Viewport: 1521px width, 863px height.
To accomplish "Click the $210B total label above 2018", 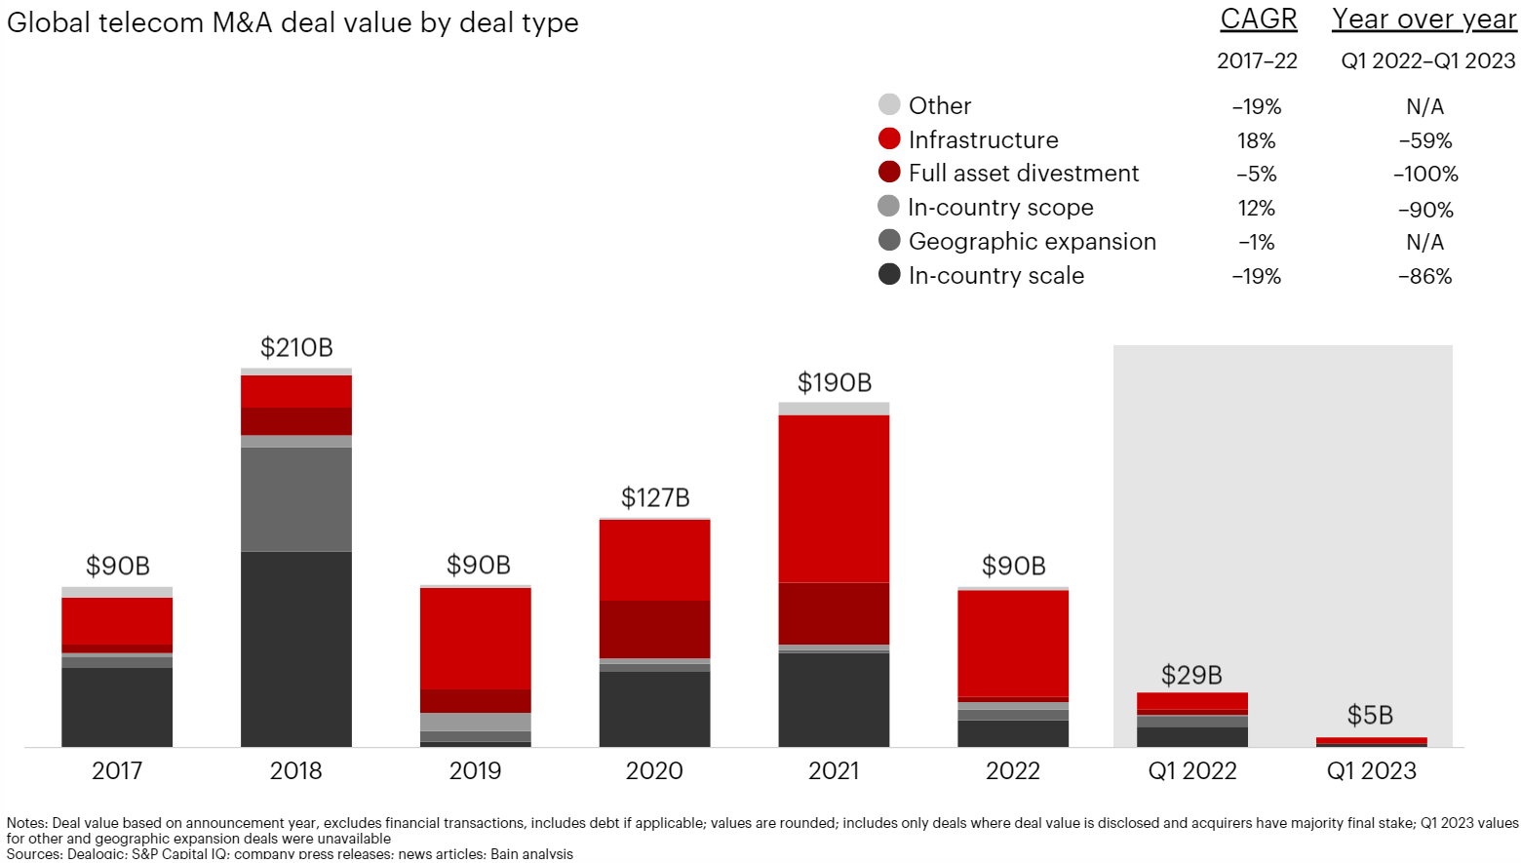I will pyautogui.click(x=296, y=347).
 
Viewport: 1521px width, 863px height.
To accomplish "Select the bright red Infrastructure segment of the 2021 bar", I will pyautogui.click(x=834, y=498).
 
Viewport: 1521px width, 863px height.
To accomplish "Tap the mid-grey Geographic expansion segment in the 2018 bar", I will pyautogui.click(x=296, y=499).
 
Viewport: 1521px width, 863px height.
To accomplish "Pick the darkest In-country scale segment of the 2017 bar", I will pyautogui.click(x=117, y=707).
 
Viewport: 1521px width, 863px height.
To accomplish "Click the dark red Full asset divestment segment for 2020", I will pyautogui.click(x=654, y=629).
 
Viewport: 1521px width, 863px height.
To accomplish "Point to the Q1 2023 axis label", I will pyautogui.click(x=1371, y=770).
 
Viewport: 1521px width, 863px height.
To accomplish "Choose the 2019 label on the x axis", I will pyautogui.click(x=475, y=770).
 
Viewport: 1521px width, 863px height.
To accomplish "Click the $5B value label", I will pyautogui.click(x=1370, y=715).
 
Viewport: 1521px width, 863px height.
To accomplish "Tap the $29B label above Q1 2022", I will pyautogui.click(x=1191, y=675).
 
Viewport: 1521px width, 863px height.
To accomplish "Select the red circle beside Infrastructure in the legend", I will pyautogui.click(x=889, y=138).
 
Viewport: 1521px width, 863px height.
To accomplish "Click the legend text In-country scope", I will pyautogui.click(x=1000, y=207).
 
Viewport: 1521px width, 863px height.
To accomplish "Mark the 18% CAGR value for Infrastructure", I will pyautogui.click(x=1256, y=140).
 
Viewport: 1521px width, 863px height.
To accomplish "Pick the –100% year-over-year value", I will pyautogui.click(x=1424, y=175).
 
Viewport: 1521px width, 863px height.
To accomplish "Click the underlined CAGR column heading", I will pyautogui.click(x=1258, y=20).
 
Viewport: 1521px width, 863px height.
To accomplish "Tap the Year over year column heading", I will pyautogui.click(x=1423, y=20).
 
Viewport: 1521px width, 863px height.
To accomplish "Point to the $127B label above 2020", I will pyautogui.click(x=655, y=497).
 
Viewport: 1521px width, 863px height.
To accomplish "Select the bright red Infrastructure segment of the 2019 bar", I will pyautogui.click(x=476, y=638).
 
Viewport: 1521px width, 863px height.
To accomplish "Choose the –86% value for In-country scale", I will pyautogui.click(x=1424, y=276).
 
